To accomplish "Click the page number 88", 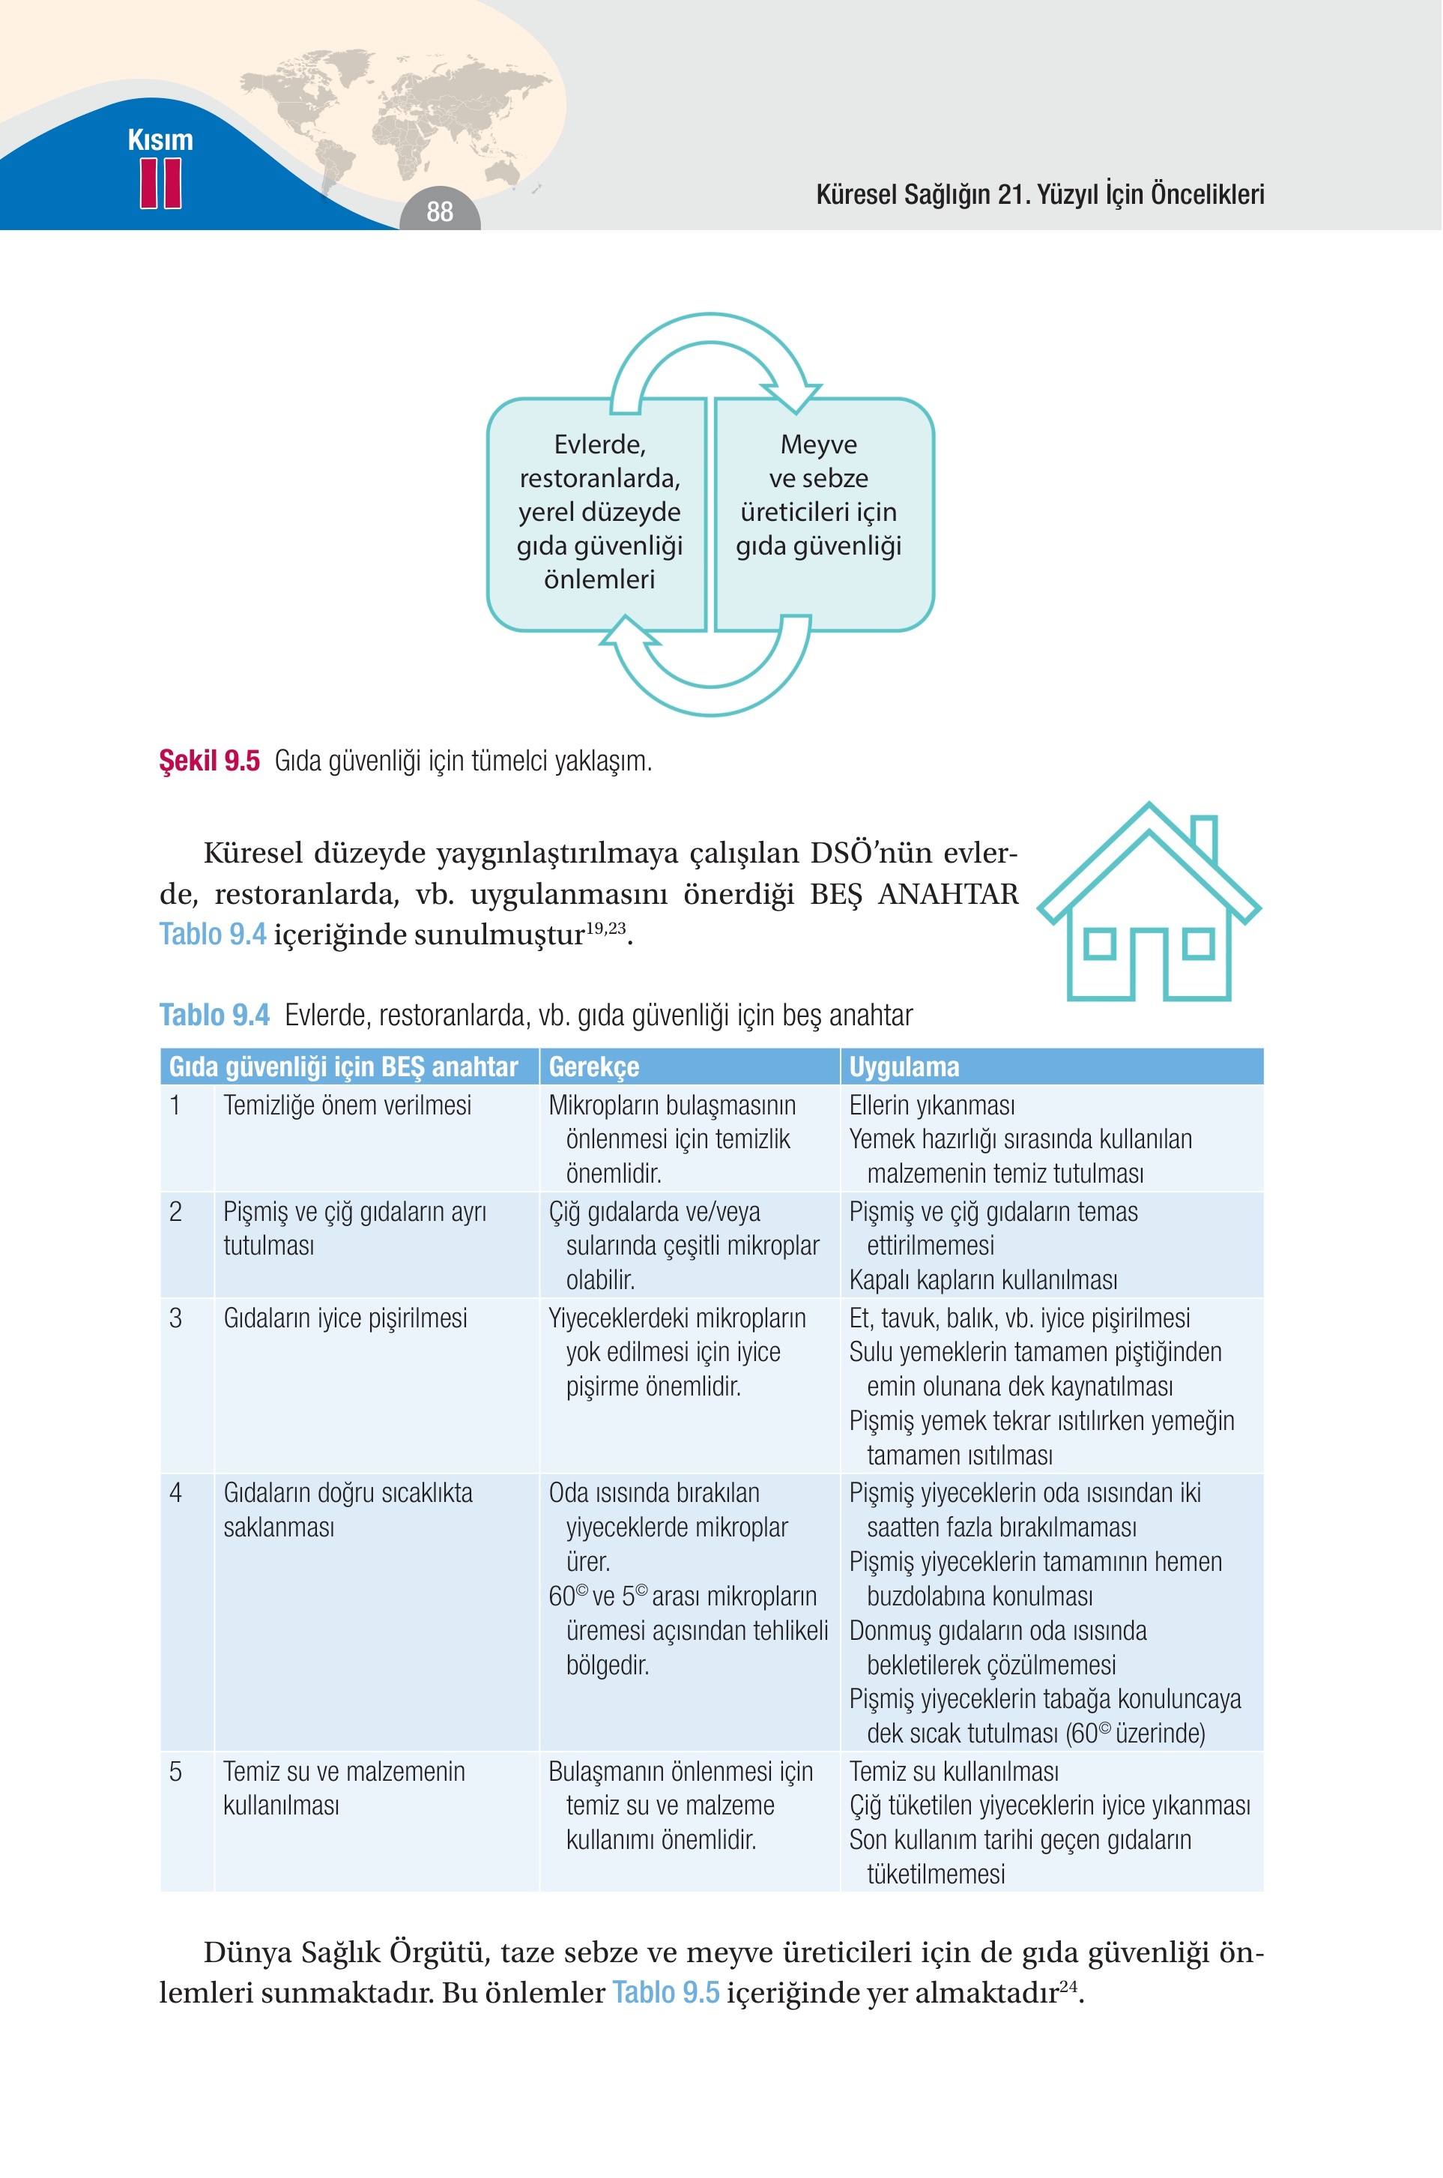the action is click(x=440, y=211).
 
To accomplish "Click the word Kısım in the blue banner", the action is click(x=161, y=140).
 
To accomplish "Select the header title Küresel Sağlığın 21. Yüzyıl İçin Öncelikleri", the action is click(x=1040, y=194).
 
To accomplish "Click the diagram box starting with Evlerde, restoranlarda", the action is click(x=598, y=513).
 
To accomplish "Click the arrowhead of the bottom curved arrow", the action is click(x=629, y=633).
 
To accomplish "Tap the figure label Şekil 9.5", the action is click(x=210, y=761).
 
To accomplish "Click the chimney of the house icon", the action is click(x=1204, y=839).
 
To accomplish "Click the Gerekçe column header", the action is click(x=593, y=1067).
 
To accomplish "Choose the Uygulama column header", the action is click(x=904, y=1067).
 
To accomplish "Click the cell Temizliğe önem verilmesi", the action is click(x=347, y=1105).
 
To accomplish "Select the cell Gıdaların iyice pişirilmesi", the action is click(x=345, y=1318).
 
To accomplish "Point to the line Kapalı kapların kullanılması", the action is click(x=983, y=1279).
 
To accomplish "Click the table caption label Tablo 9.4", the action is click(x=214, y=1015).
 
